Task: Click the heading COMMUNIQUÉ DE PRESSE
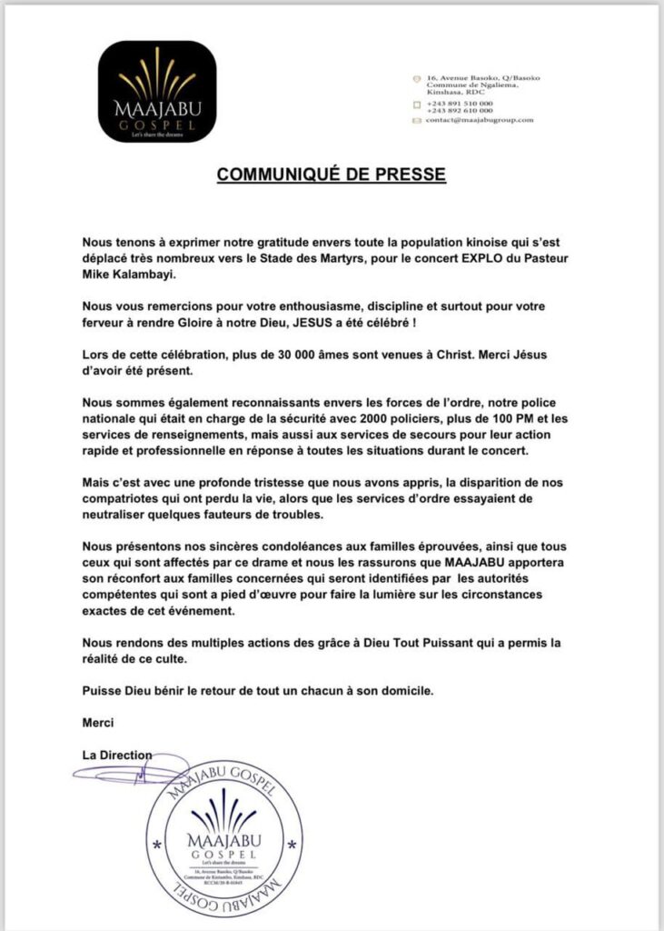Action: (331, 174)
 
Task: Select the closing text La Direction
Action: (117, 755)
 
